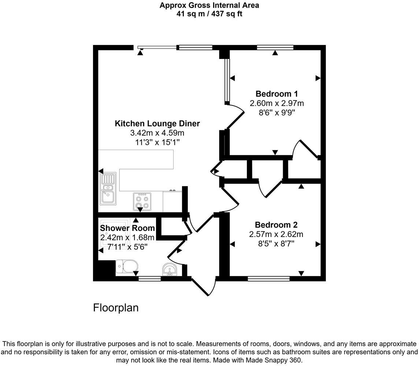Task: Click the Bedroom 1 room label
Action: coord(277,93)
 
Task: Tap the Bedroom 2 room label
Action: coord(276,225)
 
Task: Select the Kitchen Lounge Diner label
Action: coord(157,123)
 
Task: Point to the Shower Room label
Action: coord(127,228)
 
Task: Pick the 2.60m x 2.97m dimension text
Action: coord(277,103)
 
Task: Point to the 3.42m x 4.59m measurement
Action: coord(157,132)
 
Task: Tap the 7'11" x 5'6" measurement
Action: coord(127,247)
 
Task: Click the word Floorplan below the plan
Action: coord(116,308)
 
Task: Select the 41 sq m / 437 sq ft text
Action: coord(209,14)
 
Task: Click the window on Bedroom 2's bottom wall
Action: coord(269,279)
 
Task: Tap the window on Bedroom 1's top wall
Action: coord(275,47)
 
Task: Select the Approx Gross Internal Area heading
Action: coord(209,5)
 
